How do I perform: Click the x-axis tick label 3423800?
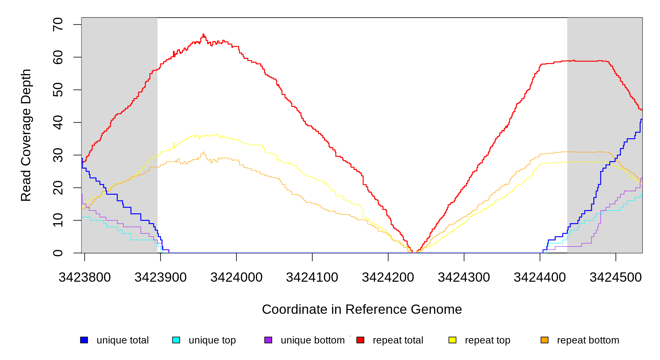85,277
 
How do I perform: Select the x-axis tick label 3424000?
236,277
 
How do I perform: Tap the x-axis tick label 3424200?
388,277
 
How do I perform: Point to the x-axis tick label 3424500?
616,277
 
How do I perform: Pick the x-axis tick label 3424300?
464,277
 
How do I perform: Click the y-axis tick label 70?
58,24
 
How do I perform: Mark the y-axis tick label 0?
58,253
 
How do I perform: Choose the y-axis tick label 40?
58,122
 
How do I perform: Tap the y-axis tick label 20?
58,188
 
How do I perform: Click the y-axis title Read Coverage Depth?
26,135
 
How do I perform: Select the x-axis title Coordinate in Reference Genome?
362,309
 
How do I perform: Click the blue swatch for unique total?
84,340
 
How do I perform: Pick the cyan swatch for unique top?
176,340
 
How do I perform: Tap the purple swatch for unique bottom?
268,340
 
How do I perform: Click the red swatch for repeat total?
360,340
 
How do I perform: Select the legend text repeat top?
487,340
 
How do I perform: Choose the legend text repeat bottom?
588,340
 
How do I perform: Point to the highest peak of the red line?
203,34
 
